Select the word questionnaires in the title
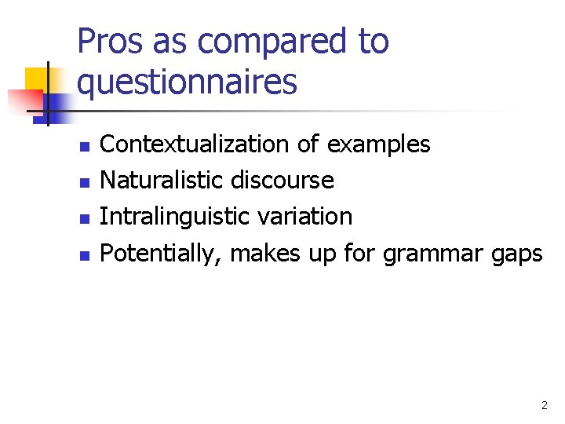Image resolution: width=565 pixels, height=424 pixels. [x=188, y=81]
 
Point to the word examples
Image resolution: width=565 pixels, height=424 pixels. [x=378, y=144]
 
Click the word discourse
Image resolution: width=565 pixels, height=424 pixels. [x=282, y=181]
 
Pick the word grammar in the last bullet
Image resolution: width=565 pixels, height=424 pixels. [x=436, y=254]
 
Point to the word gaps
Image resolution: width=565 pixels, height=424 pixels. [x=519, y=254]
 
